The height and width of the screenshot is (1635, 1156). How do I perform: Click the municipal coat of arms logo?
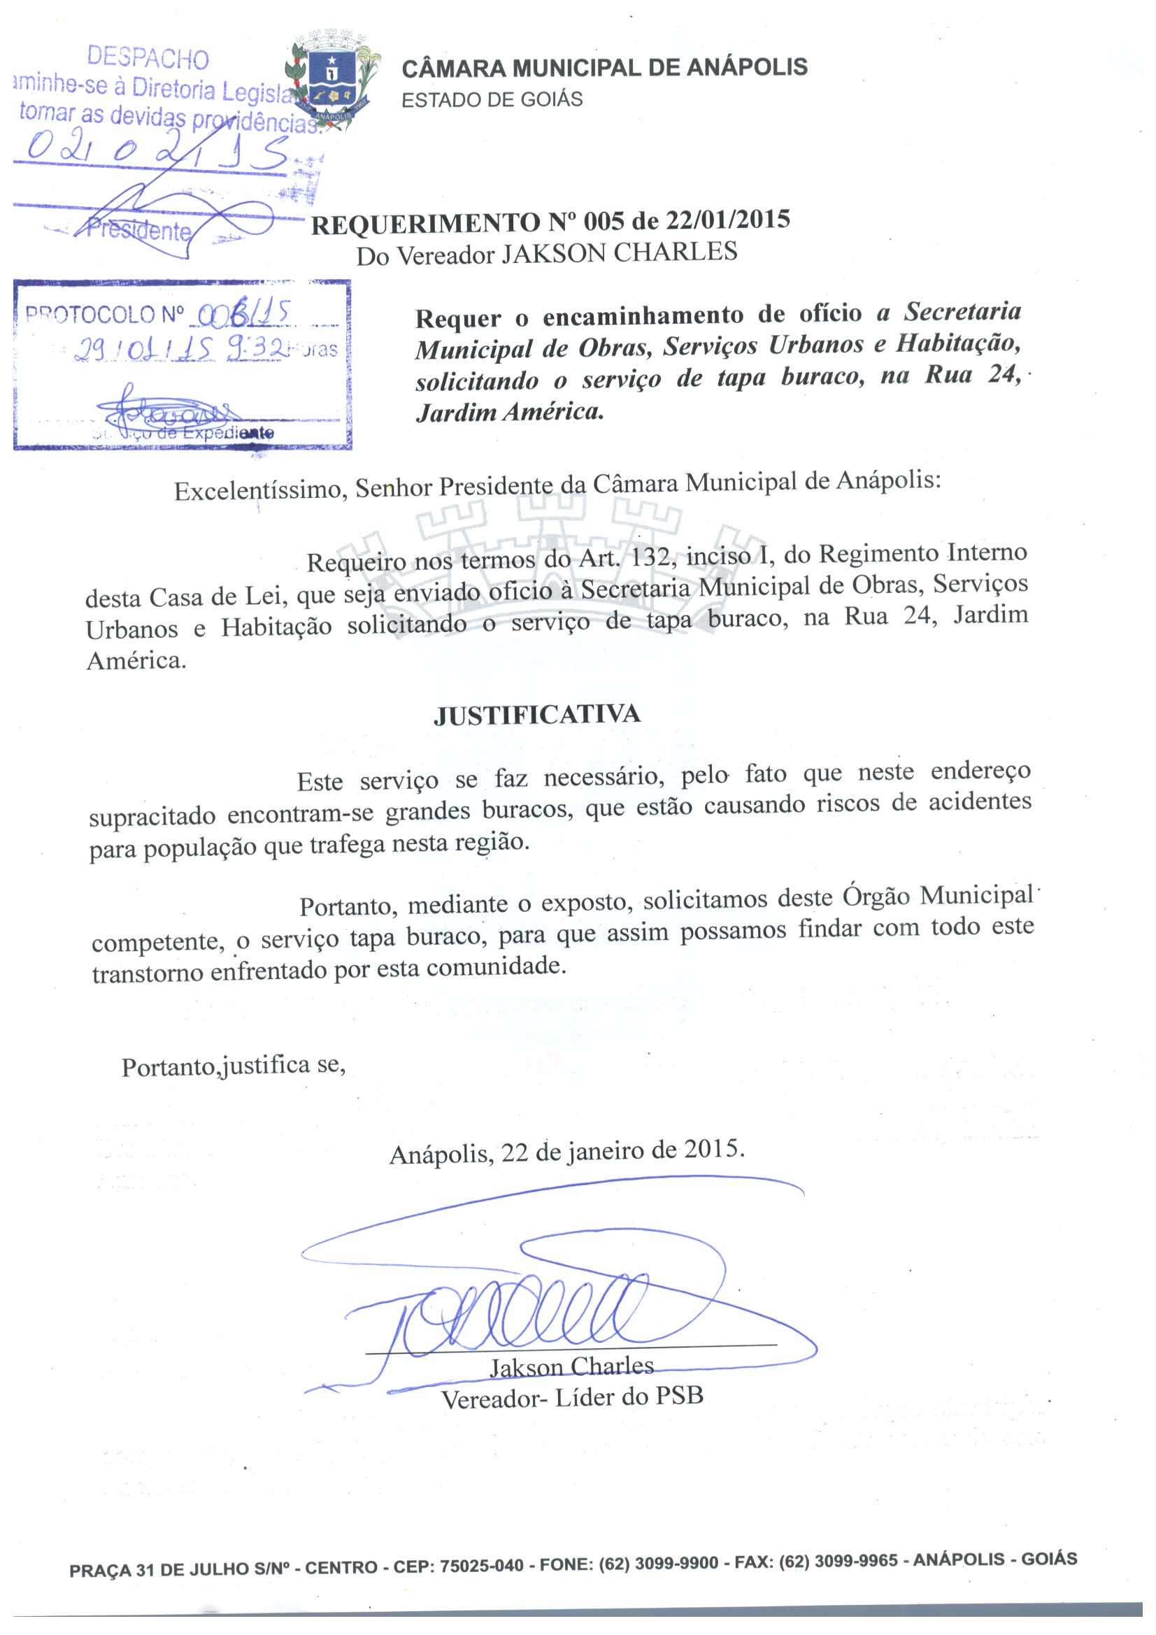[331, 80]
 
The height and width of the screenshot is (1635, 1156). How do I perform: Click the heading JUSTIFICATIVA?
[537, 715]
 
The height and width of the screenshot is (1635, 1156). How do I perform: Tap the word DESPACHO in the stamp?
[148, 57]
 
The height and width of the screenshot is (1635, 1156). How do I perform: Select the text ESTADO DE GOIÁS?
[492, 100]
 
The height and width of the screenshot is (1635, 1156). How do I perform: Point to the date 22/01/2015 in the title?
[728, 220]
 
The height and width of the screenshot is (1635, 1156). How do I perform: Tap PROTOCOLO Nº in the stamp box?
[105, 314]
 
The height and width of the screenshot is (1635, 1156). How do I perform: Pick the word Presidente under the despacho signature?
[139, 229]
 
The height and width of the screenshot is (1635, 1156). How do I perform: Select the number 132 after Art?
[650, 555]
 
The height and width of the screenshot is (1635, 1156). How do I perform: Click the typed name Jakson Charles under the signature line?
[571, 1366]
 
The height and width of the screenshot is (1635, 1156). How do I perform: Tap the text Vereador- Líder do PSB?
[572, 1397]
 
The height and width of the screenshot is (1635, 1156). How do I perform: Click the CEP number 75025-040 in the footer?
[481, 1566]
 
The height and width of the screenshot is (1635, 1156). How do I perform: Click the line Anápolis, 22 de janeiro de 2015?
[567, 1152]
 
